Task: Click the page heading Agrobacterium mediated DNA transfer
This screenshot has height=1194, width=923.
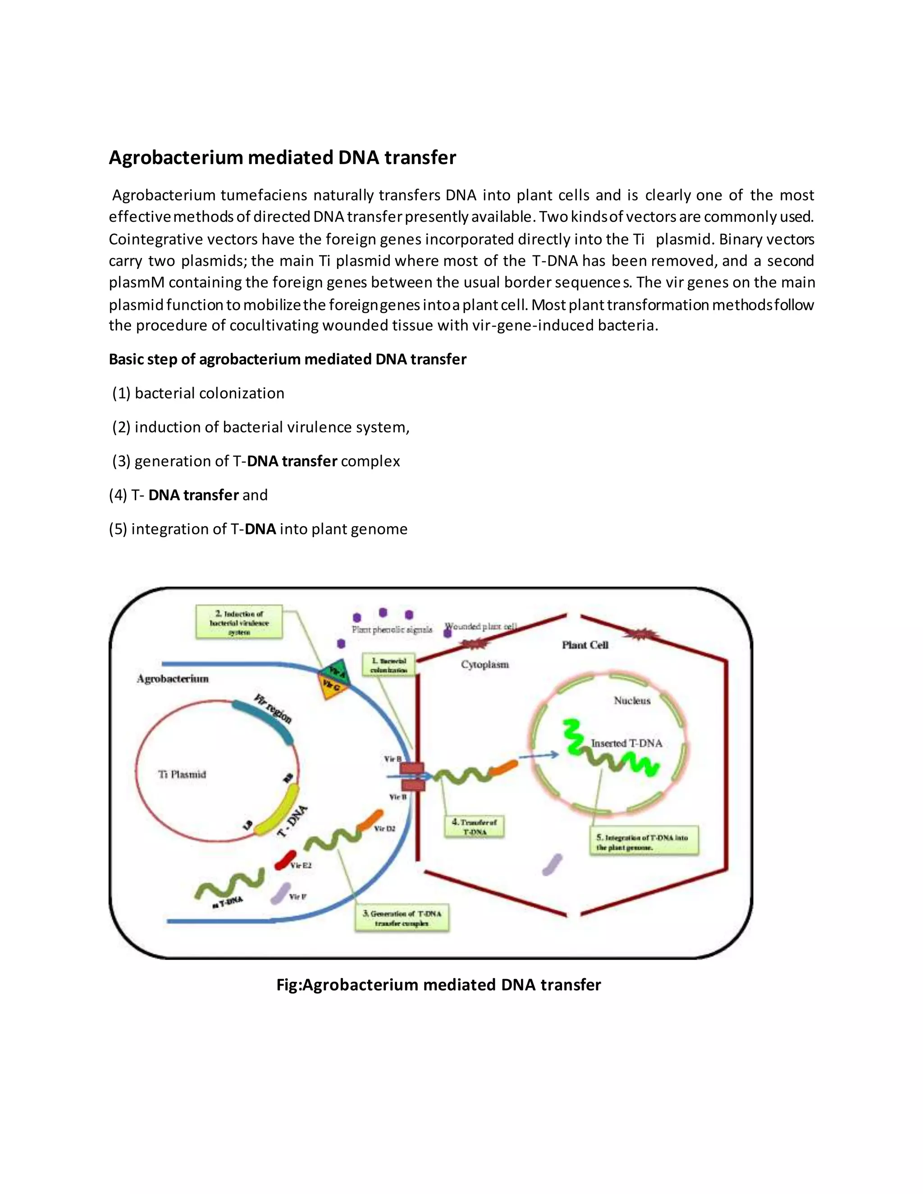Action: click(282, 157)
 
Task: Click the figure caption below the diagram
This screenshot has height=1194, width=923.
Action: click(439, 984)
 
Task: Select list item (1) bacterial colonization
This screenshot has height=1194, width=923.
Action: click(198, 393)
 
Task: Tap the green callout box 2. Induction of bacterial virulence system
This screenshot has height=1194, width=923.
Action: click(239, 622)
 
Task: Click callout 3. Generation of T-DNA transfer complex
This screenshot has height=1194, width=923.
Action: click(402, 918)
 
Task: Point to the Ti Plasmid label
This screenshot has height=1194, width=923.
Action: click(182, 774)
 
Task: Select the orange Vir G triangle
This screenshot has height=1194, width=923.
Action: click(331, 687)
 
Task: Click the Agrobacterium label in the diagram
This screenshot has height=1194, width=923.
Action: click(173, 679)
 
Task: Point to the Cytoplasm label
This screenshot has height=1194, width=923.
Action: click(484, 664)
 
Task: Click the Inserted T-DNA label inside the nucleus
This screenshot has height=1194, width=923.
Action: click(626, 743)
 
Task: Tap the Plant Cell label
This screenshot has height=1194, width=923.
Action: click(585, 645)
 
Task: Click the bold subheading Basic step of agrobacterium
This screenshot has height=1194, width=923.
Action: click(288, 359)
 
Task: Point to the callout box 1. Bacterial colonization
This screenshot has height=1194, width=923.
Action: click(389, 665)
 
